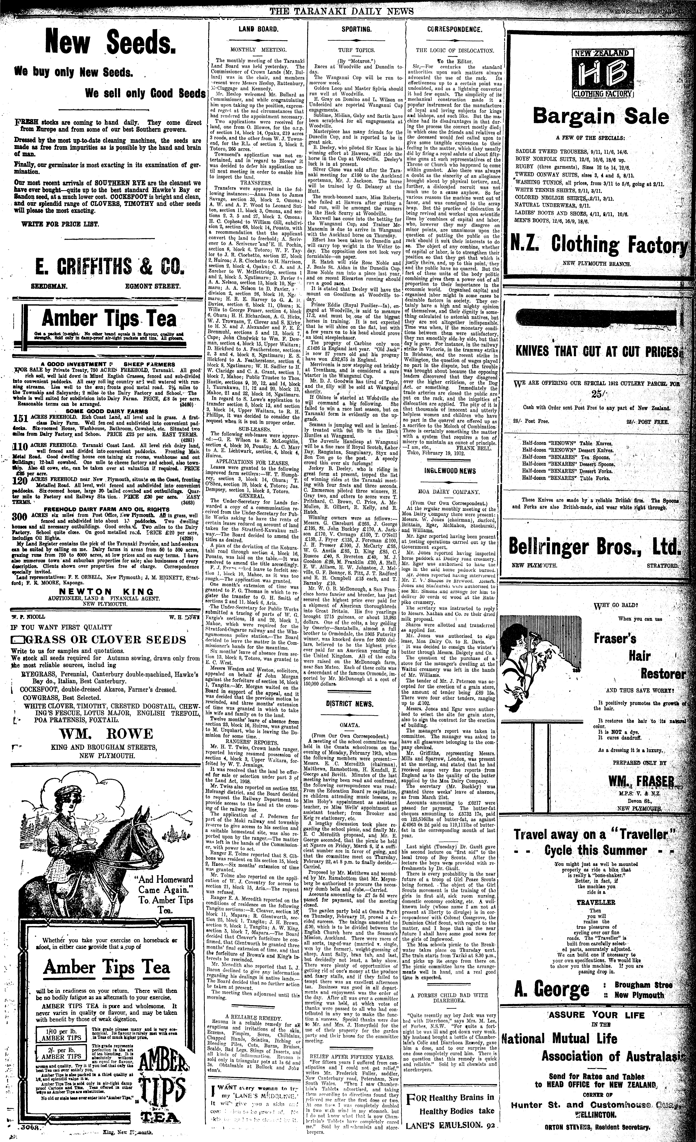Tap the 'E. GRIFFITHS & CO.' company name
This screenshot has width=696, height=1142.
pos(106,266)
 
